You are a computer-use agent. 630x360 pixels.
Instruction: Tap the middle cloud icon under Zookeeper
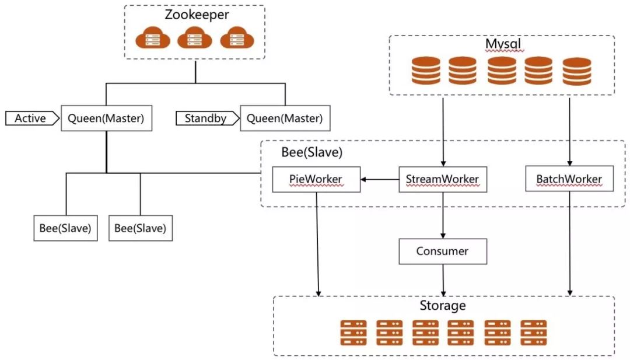195,39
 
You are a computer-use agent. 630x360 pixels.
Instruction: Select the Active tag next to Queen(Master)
31,118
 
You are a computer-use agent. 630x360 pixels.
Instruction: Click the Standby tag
206,118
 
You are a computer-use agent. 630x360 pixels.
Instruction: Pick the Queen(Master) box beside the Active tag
106,118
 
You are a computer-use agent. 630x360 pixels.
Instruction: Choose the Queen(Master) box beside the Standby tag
285,118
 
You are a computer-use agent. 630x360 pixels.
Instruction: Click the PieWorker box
316,179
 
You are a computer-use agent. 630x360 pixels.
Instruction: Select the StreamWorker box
443,179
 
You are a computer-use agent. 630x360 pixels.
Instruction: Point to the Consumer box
443,251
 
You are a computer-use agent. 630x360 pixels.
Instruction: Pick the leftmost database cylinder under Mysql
426,71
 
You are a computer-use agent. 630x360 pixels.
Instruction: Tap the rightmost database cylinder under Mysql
577,71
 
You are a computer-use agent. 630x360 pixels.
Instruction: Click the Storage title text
443,306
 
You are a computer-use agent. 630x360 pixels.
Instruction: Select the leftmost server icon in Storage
353,333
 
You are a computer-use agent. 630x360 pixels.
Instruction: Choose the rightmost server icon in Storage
533,333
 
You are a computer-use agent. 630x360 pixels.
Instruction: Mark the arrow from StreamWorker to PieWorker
379,179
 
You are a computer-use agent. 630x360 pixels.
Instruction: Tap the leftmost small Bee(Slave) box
65,228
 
